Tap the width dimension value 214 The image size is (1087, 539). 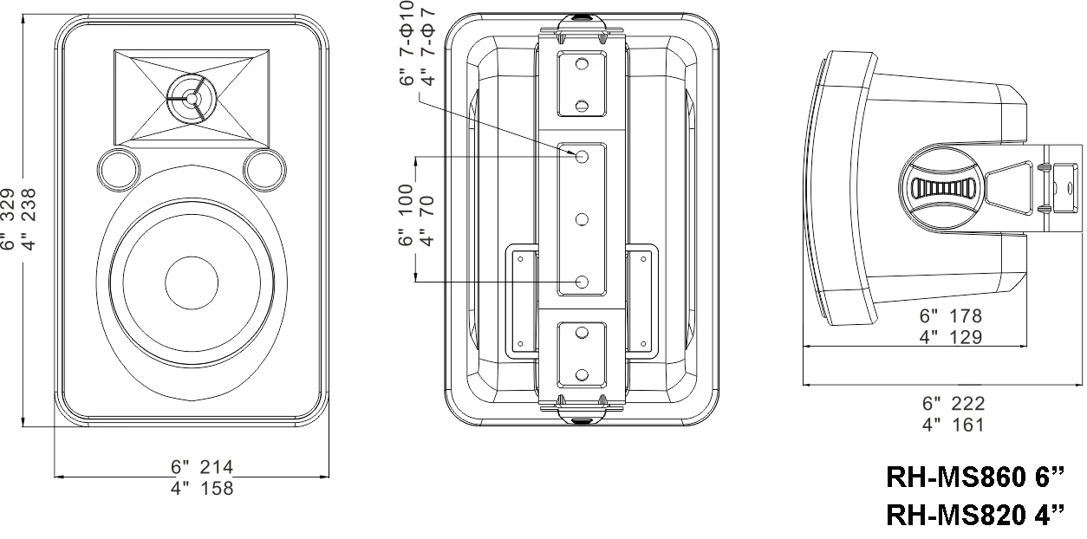coord(216,468)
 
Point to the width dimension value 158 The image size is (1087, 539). coord(216,489)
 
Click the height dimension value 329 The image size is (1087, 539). coord(9,211)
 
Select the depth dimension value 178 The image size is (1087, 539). coord(964,317)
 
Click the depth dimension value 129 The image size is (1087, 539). coord(964,337)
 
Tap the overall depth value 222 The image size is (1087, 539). coord(967,404)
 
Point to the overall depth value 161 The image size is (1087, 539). coord(967,425)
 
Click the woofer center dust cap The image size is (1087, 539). coord(191,283)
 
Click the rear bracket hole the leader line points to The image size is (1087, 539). coord(583,157)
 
